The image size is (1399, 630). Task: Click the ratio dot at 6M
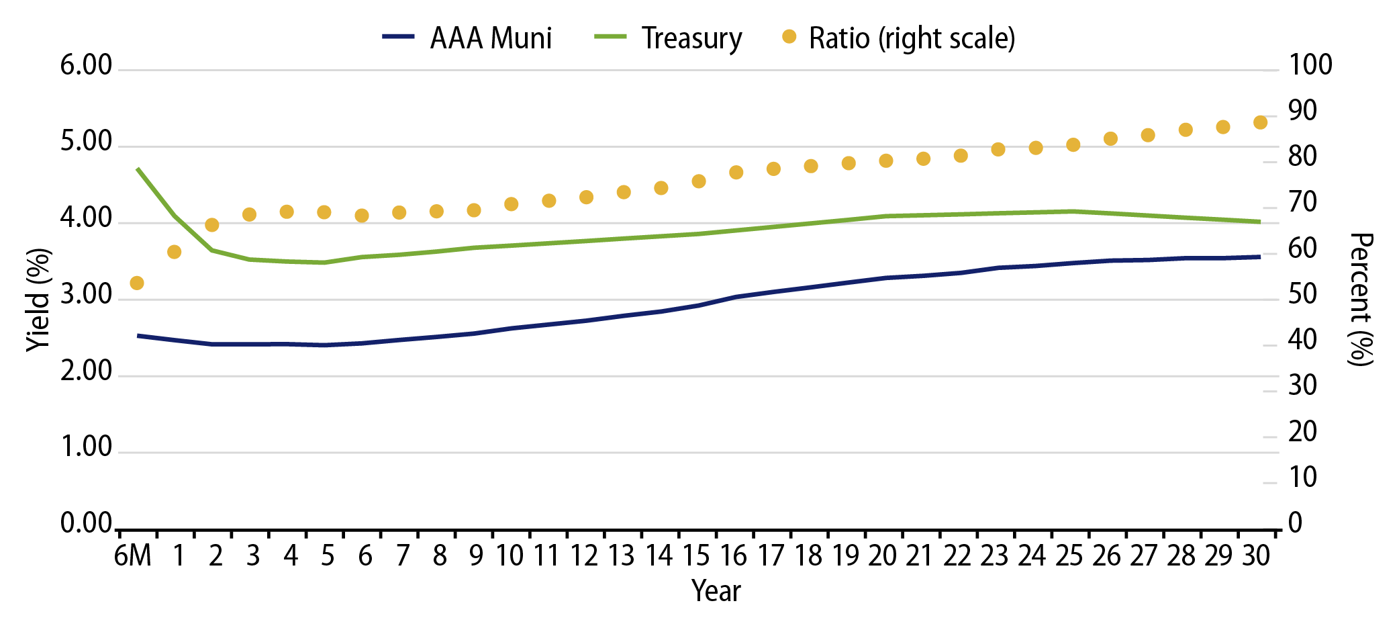[x=137, y=283]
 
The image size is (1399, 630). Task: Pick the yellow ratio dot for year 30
[x=1260, y=122]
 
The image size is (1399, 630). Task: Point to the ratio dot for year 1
[x=175, y=252]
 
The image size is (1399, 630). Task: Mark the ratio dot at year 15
[x=699, y=181]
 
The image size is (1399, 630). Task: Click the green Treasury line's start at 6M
[x=138, y=169]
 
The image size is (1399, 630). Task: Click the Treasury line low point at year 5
[x=324, y=263]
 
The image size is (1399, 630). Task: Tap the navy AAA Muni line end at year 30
[x=1259, y=257]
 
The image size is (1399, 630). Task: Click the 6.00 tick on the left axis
[x=86, y=66]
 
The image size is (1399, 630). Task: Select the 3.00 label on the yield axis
[x=86, y=295]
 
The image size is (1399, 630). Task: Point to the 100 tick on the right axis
[x=1310, y=66]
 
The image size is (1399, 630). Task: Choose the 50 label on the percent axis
[x=1302, y=295]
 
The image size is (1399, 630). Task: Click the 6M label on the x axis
[x=133, y=556]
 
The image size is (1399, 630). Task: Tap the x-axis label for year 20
[x=882, y=556]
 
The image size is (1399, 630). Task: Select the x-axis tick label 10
[x=510, y=556]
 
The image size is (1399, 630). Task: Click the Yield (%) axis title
[x=39, y=300]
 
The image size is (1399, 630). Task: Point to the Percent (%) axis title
[x=1361, y=300]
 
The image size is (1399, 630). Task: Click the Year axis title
[x=716, y=592]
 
